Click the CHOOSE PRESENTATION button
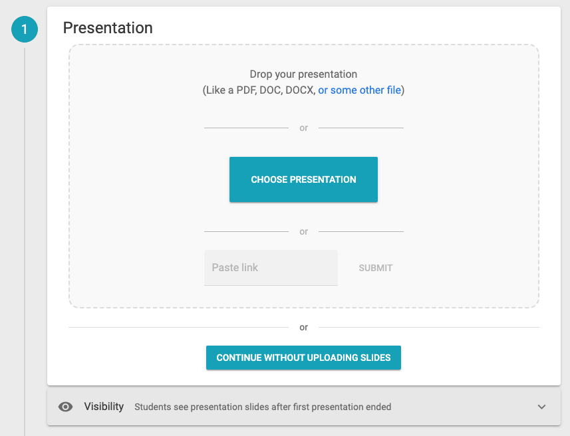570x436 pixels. pos(303,179)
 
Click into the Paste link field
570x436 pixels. pos(271,268)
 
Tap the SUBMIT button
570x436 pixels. pos(376,268)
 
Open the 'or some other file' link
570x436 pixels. pos(360,90)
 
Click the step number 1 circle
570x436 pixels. pos(25,29)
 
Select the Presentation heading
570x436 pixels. pos(108,28)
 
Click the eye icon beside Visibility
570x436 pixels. pos(65,407)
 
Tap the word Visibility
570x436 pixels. pos(104,407)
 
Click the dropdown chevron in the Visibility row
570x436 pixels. pos(541,407)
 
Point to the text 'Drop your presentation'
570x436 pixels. pos(303,74)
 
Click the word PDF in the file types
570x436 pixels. pos(246,90)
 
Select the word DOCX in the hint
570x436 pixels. pos(300,90)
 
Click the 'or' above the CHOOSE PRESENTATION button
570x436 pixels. pos(303,128)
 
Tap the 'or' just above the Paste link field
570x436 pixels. pos(303,231)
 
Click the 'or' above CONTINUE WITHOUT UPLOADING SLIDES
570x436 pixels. pos(303,328)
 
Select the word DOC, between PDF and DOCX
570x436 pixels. pos(271,90)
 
